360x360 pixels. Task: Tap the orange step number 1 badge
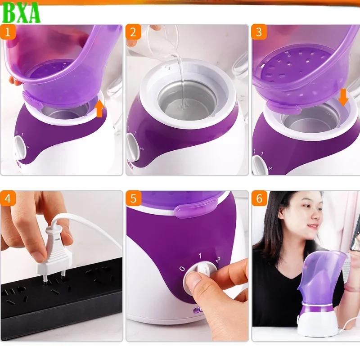tap(8, 32)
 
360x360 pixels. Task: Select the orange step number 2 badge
tap(133, 32)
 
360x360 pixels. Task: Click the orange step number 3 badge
tap(259, 32)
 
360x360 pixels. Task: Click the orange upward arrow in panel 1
tap(100, 108)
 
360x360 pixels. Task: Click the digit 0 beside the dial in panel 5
tap(181, 268)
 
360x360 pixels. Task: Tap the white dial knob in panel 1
tap(19, 146)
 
